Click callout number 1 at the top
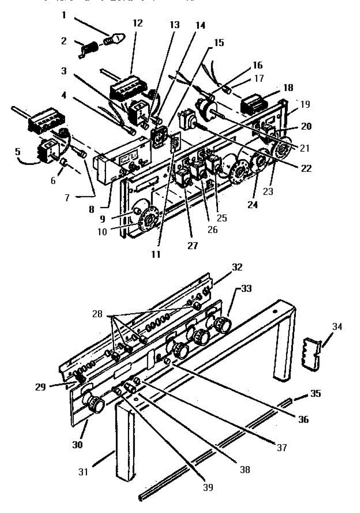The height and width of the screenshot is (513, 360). pyautogui.click(x=64, y=15)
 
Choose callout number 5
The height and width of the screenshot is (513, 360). pyautogui.click(x=18, y=151)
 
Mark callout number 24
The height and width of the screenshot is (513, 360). pyautogui.click(x=252, y=205)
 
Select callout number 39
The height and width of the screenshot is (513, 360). pyautogui.click(x=208, y=486)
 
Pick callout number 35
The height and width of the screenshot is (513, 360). pyautogui.click(x=315, y=393)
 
